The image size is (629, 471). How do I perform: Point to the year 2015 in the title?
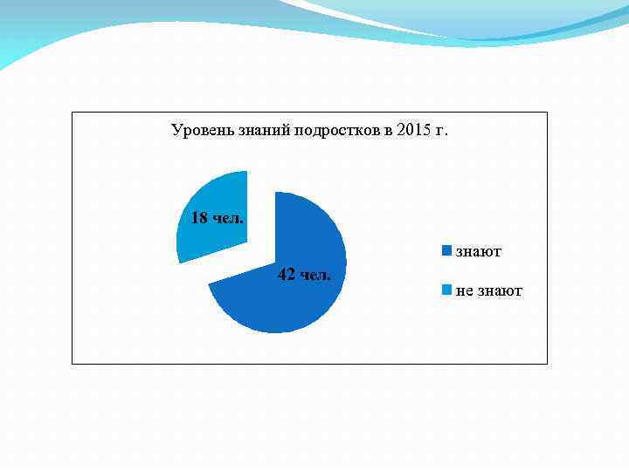(413, 132)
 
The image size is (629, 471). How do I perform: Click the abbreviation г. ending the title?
(442, 132)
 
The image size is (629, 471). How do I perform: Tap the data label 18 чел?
(218, 217)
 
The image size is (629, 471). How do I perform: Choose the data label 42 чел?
(304, 276)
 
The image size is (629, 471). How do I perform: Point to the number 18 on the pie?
(199, 217)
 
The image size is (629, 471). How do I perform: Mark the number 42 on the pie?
(286, 276)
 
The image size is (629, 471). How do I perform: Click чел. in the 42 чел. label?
(315, 276)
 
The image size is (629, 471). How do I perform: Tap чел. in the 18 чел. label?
(229, 217)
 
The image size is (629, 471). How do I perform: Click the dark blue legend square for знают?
(447, 252)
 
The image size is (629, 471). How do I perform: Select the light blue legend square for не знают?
(447, 290)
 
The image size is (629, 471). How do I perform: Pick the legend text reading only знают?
(479, 252)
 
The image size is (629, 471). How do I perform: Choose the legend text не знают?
(489, 290)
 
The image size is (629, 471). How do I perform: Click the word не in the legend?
(465, 290)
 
